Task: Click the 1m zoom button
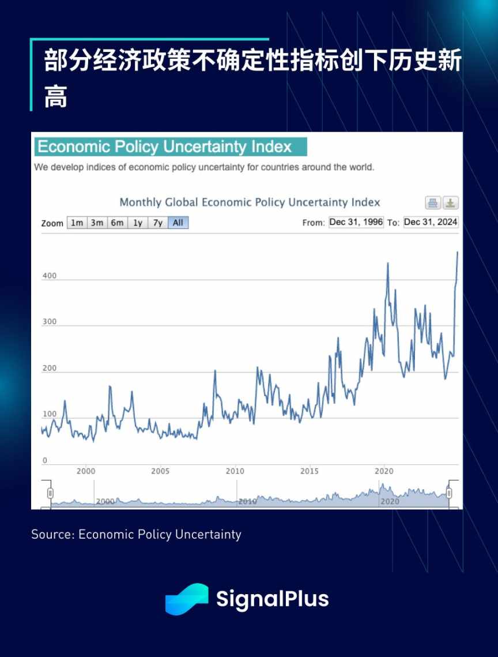[x=77, y=223]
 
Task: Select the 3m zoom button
[x=97, y=223]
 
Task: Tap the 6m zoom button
[x=117, y=223]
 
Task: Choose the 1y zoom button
[x=137, y=223]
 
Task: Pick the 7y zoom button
[x=157, y=223]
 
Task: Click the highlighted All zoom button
[x=178, y=223]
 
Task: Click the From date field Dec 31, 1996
[x=356, y=222]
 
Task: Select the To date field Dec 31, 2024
[x=431, y=222]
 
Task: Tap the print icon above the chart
[x=433, y=203]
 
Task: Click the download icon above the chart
[x=451, y=203]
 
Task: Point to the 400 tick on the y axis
[x=50, y=276]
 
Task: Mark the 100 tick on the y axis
[x=50, y=414]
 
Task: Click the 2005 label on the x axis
[x=160, y=471]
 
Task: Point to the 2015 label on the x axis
[x=310, y=471]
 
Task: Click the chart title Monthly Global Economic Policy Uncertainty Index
[x=250, y=202]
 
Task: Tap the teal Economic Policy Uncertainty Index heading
[x=171, y=147]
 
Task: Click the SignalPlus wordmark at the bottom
[x=272, y=599]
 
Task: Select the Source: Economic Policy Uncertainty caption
[x=136, y=534]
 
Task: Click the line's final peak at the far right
[x=458, y=252]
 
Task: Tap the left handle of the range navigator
[x=50, y=493]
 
